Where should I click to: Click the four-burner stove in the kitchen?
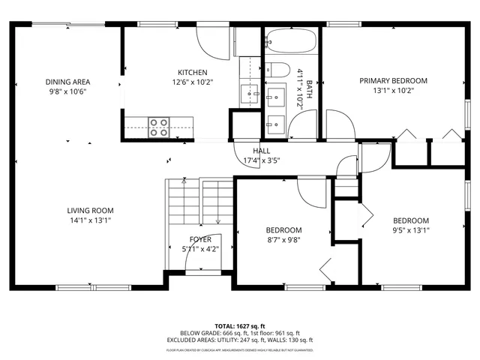point(158,127)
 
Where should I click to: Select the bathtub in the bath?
point(292,42)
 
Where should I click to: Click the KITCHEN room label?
point(191,72)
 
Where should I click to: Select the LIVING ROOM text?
point(90,211)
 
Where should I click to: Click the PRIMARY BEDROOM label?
point(393,81)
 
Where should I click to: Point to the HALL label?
point(261,151)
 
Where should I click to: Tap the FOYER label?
point(199,240)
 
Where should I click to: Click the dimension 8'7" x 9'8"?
point(283,241)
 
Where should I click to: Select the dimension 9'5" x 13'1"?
point(411,231)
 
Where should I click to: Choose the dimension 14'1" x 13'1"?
point(90,220)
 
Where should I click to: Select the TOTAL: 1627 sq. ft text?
point(239,326)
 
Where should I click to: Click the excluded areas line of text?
point(239,341)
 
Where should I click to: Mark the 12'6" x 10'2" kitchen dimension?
point(191,82)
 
